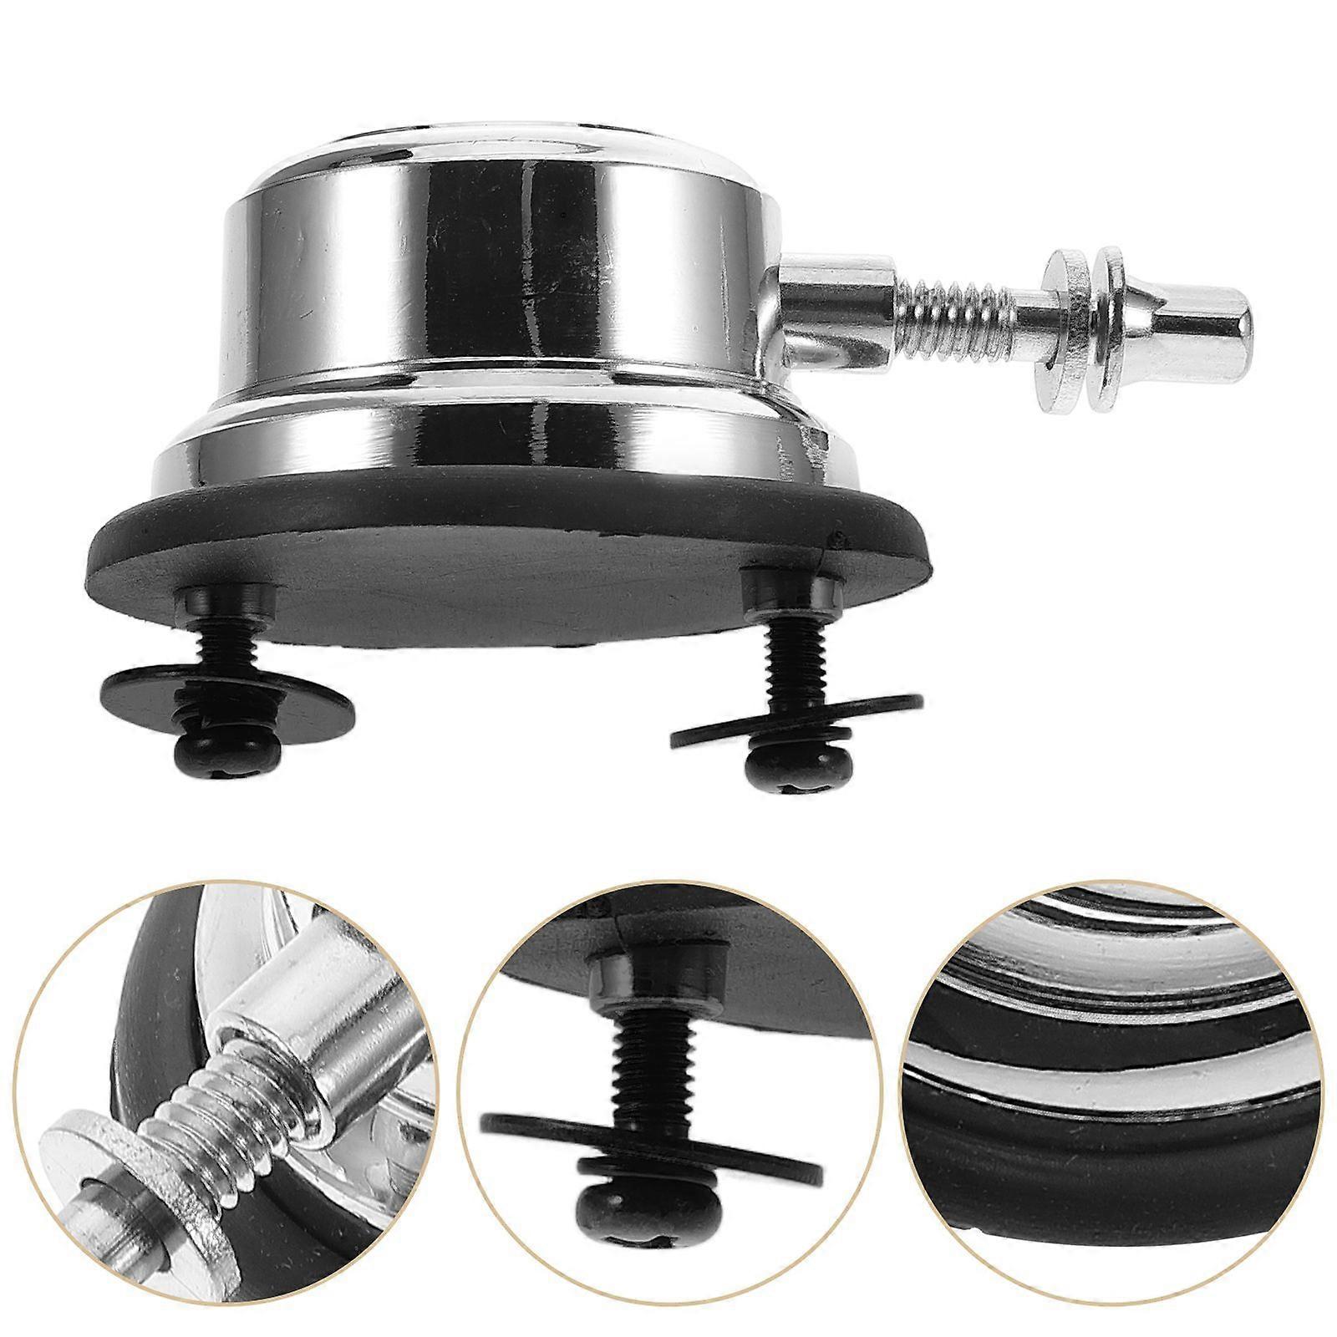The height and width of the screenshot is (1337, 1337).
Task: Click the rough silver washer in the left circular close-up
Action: [125, 1170]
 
